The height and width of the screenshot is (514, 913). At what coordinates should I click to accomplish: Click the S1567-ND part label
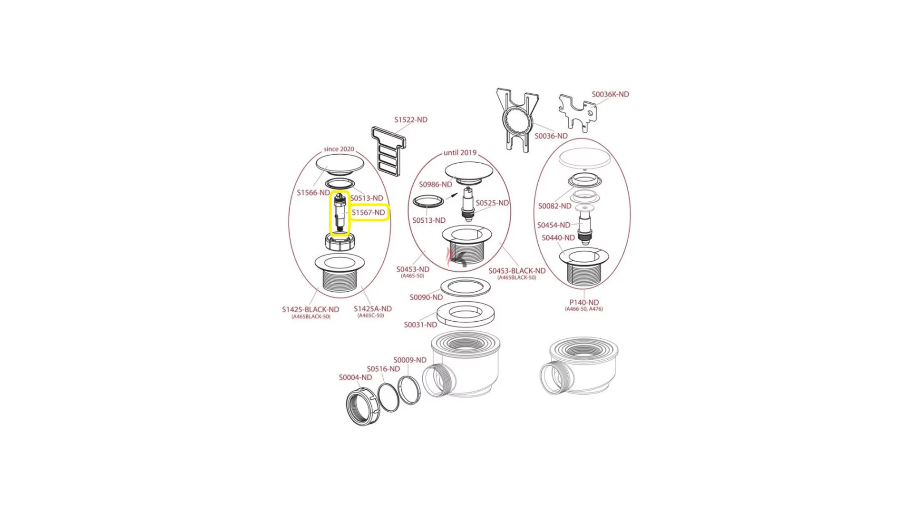point(369,213)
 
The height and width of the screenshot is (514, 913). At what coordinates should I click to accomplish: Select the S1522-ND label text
point(411,120)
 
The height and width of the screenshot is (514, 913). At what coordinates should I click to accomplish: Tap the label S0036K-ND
point(610,95)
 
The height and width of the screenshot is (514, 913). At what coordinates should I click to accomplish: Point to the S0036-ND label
point(551,136)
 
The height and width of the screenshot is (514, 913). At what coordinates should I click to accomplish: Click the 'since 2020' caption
point(339,149)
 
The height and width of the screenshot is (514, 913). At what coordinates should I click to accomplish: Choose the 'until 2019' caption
point(460,153)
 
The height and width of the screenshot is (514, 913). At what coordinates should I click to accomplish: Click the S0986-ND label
point(436,185)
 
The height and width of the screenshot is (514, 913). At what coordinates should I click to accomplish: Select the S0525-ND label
point(492,203)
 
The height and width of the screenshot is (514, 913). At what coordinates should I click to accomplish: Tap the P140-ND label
point(584,303)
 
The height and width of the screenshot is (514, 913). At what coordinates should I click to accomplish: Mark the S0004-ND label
point(355,377)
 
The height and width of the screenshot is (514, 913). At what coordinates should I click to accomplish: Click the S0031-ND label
point(420,325)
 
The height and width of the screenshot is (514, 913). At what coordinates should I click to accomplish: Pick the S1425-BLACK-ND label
point(311,310)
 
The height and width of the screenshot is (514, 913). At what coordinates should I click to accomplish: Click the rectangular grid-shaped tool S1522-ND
point(389,151)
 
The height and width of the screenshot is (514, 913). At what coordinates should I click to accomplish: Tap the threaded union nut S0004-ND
point(362,407)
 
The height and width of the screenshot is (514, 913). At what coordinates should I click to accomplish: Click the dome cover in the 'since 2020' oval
point(340,164)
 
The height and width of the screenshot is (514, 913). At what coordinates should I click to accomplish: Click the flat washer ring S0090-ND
point(465,287)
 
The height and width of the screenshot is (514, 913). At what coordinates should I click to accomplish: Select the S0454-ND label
point(554,226)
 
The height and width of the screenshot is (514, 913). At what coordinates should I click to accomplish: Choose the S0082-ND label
point(555,207)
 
